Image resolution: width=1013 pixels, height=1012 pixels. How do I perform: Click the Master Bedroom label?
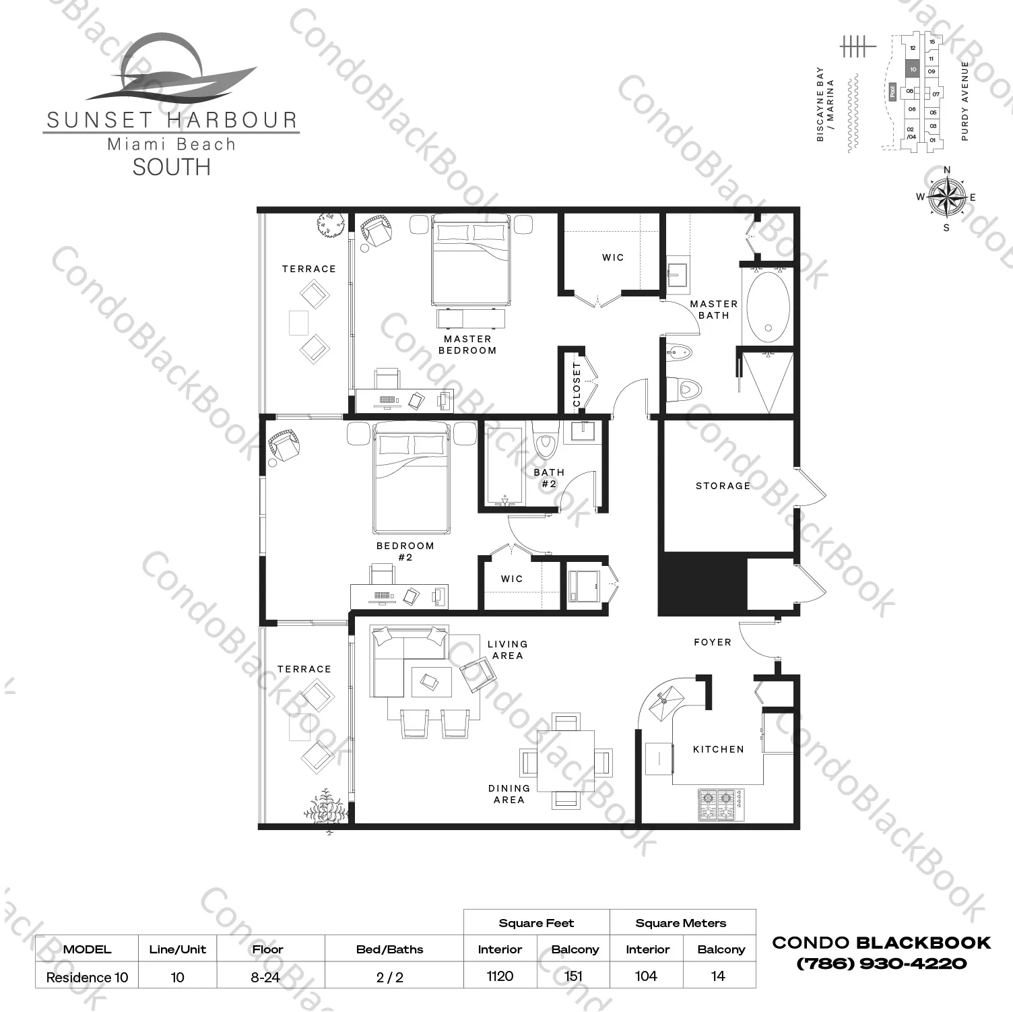tap(467, 344)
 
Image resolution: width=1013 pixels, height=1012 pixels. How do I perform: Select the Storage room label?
tap(723, 486)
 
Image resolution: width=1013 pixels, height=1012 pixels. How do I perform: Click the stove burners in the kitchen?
tap(720, 804)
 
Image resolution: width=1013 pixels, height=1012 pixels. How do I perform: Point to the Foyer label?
tap(713, 642)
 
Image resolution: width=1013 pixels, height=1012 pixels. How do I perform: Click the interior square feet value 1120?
tap(500, 976)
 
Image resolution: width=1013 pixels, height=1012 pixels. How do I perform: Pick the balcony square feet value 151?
tap(574, 976)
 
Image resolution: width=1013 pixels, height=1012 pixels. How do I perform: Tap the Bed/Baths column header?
tap(389, 949)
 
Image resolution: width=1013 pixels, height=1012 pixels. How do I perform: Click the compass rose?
tap(946, 197)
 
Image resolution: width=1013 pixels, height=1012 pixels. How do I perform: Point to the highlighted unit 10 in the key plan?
tap(913, 69)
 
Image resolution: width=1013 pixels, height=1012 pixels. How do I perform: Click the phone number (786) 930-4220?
tap(882, 963)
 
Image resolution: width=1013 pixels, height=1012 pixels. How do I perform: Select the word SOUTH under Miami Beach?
tap(171, 167)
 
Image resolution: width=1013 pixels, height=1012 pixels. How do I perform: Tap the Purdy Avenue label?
tap(965, 101)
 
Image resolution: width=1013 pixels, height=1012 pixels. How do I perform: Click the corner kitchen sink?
tap(665, 698)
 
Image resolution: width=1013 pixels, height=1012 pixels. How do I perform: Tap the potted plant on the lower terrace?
tap(326, 808)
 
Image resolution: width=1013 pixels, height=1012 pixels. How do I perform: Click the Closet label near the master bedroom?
tap(577, 385)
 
